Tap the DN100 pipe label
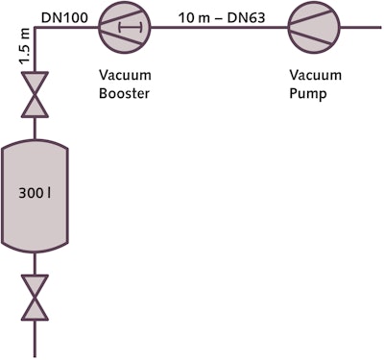click(x=64, y=12)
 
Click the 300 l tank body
click(x=36, y=193)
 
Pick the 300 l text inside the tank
click(x=36, y=192)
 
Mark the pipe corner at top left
click(x=36, y=28)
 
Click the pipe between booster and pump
click(x=216, y=28)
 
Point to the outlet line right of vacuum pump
click(x=355, y=28)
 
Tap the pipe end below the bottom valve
click(x=36, y=341)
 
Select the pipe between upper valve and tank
click(x=36, y=128)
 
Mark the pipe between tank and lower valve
click(x=36, y=263)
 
